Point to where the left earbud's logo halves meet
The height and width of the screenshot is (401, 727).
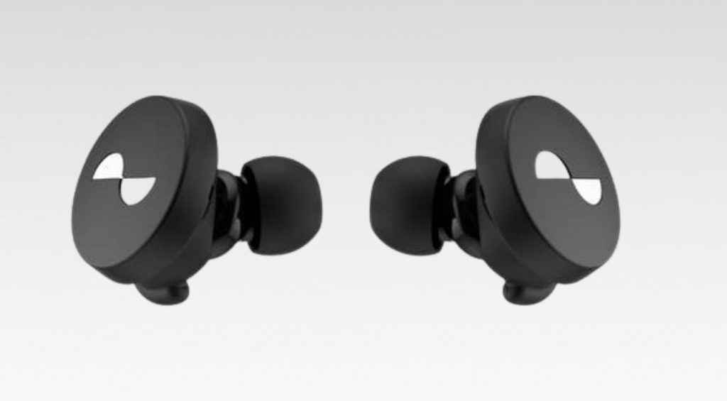[121, 178]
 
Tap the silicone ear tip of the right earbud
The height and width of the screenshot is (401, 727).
[408, 206]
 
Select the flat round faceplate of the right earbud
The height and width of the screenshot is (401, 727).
[561, 213]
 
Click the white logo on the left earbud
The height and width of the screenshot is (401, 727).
[121, 178]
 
